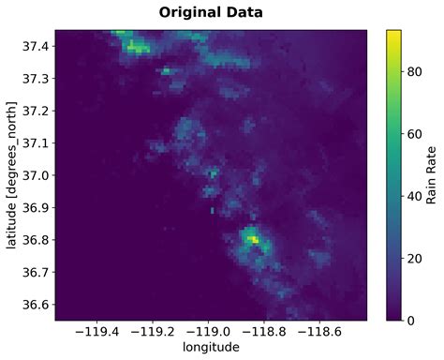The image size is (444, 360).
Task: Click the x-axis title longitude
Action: coord(211,347)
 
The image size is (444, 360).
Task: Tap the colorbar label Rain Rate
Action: coord(432,174)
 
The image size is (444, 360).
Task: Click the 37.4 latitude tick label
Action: coord(37,46)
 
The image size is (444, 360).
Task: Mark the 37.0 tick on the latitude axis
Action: coord(37,175)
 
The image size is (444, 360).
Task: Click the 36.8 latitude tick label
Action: coord(37,240)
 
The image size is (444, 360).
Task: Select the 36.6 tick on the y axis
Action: coord(37,305)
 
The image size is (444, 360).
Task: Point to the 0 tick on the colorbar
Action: coord(415,320)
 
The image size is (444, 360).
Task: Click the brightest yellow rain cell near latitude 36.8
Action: coord(252,240)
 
